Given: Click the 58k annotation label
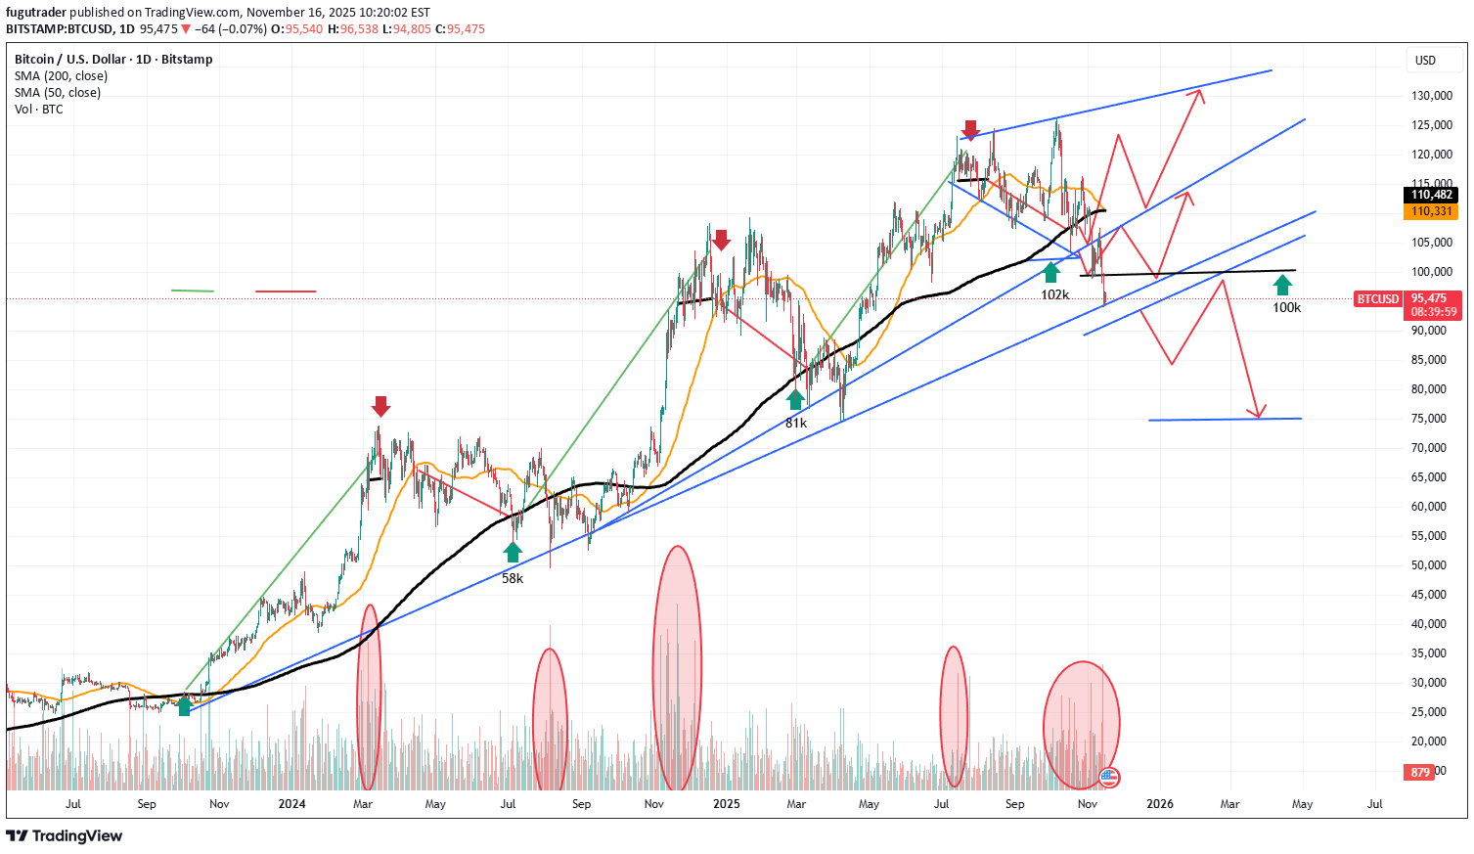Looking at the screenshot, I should pyautogui.click(x=513, y=578).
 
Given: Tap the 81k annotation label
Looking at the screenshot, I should pyautogui.click(x=796, y=423).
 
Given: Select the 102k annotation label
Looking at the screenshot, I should pyautogui.click(x=1054, y=294).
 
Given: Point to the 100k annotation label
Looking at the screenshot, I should pyautogui.click(x=1286, y=307).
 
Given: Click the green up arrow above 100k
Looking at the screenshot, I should pyautogui.click(x=1282, y=285).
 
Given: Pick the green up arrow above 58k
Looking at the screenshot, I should pyautogui.click(x=513, y=553).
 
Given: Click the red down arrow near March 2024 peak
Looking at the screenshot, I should pyautogui.click(x=380, y=406).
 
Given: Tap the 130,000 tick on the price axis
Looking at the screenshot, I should pyautogui.click(x=1430, y=96).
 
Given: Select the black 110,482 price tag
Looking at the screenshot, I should pyautogui.click(x=1432, y=195).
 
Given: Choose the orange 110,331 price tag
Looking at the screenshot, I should pyautogui.click(x=1432, y=211).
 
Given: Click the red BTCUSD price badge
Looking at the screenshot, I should pyautogui.click(x=1377, y=298).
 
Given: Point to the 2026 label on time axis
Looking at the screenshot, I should pyautogui.click(x=1160, y=804).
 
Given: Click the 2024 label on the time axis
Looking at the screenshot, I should pyautogui.click(x=291, y=804).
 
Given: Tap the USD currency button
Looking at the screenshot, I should pyautogui.click(x=1425, y=61).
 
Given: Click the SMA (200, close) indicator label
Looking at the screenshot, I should pyautogui.click(x=61, y=76).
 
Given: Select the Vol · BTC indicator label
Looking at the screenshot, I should pyautogui.click(x=39, y=110).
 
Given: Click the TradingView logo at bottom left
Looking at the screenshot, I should pyautogui.click(x=65, y=835).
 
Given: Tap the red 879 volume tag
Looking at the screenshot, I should pyautogui.click(x=1420, y=773).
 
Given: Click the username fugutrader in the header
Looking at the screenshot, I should pyautogui.click(x=36, y=13).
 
